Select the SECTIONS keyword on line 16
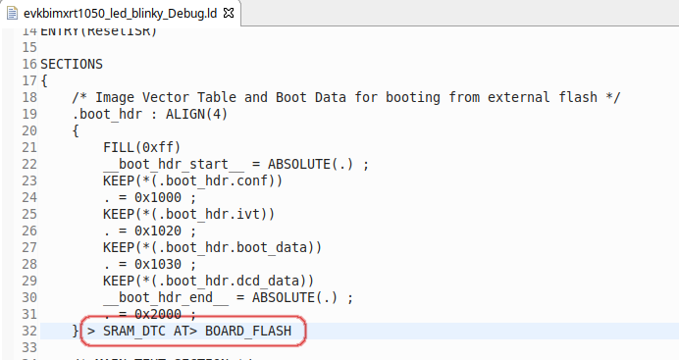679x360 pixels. point(72,64)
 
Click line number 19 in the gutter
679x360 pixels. point(28,114)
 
